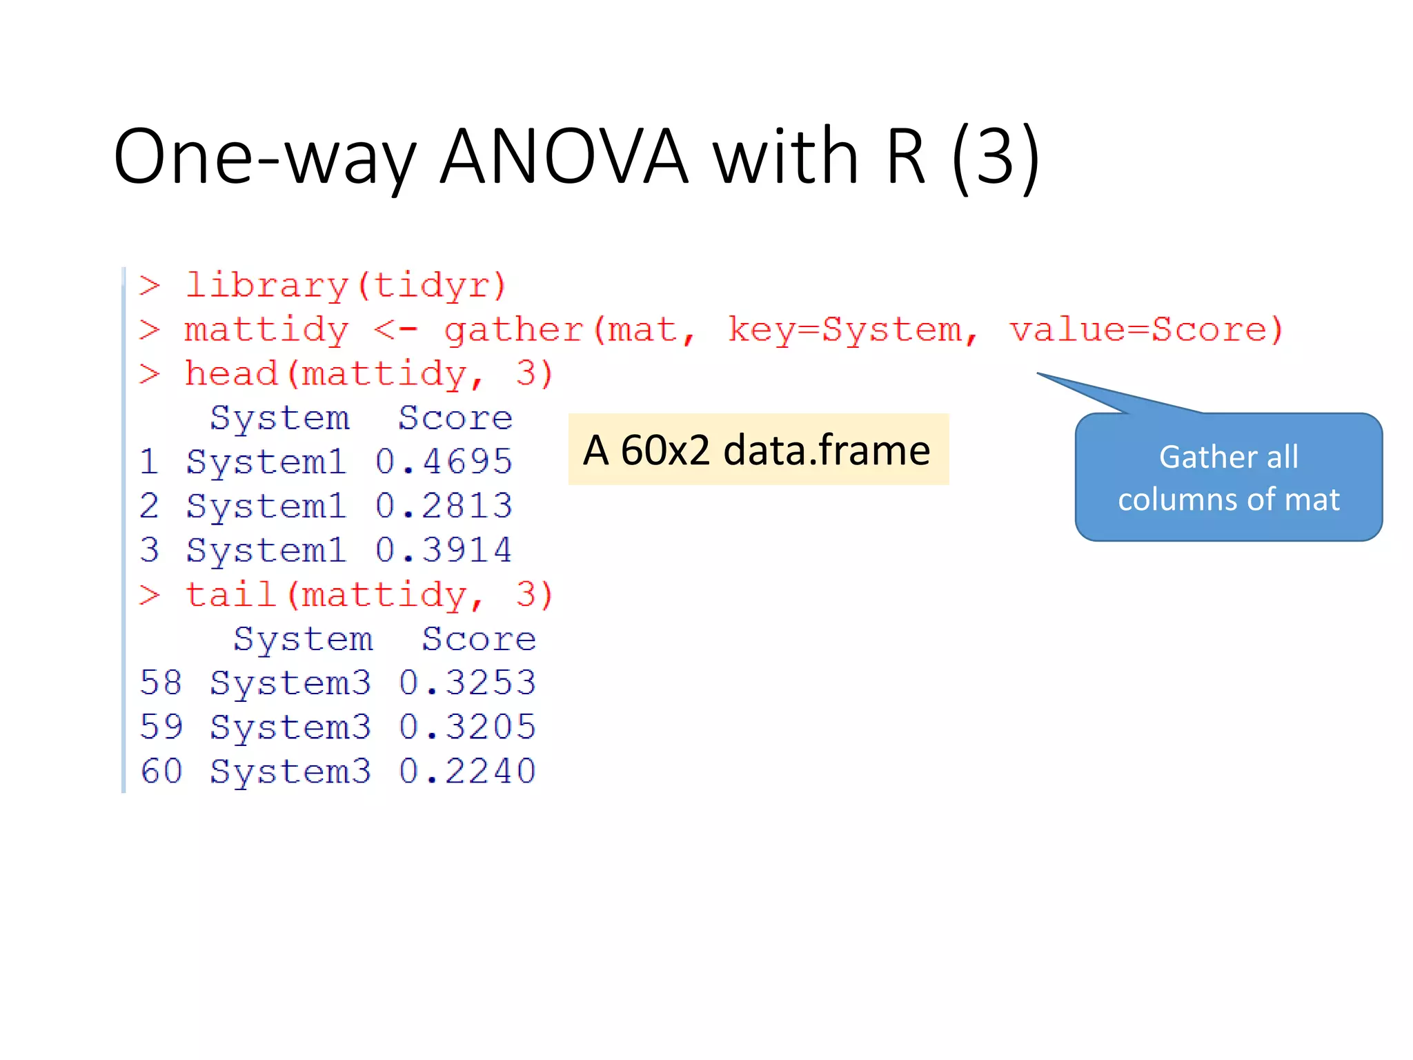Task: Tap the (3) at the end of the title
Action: (x=995, y=157)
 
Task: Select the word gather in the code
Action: (x=514, y=329)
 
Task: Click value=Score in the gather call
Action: (x=1145, y=329)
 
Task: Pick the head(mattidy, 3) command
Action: (x=368, y=373)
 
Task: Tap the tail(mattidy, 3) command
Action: (x=368, y=595)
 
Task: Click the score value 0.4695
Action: (x=444, y=462)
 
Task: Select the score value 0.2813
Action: (x=444, y=506)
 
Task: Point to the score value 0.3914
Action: (x=444, y=550)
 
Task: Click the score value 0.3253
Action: (x=467, y=683)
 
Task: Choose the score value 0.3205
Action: (x=467, y=727)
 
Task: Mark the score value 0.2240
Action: (x=467, y=771)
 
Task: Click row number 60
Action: (x=161, y=771)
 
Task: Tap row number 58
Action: (x=161, y=683)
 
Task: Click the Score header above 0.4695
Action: (x=455, y=418)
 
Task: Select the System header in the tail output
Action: (x=303, y=639)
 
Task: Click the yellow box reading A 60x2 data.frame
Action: (x=758, y=450)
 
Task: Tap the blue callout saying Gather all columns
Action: (x=1228, y=478)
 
